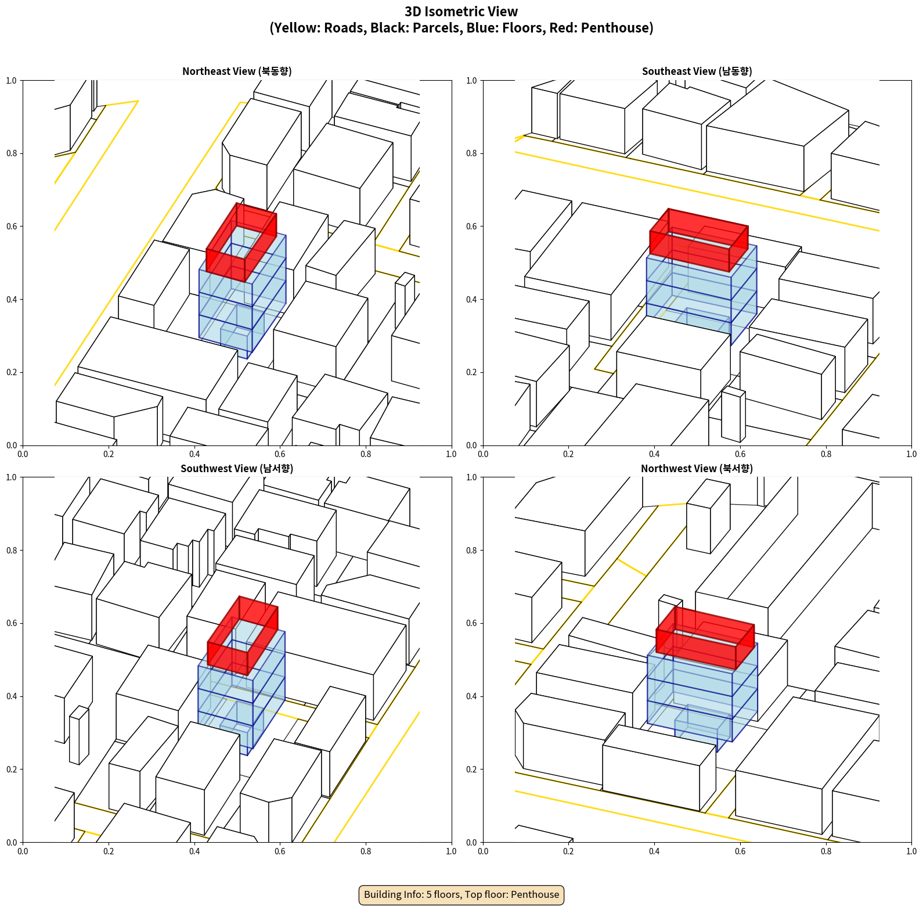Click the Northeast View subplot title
(237, 71)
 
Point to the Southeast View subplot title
(697, 71)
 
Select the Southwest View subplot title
(237, 468)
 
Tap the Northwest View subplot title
(697, 468)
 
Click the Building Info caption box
(461, 894)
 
